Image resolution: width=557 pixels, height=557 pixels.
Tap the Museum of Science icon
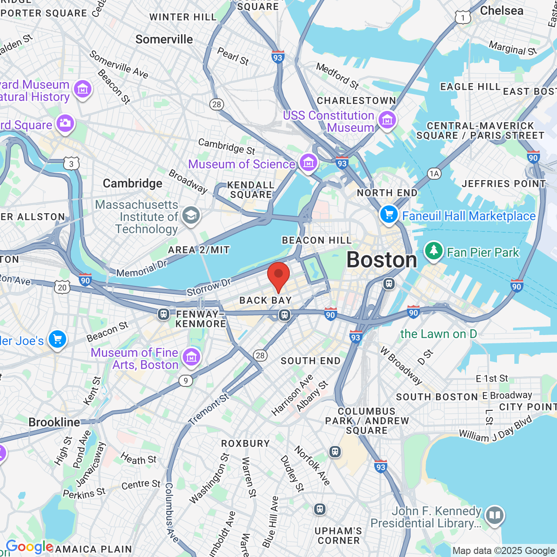coord(309,163)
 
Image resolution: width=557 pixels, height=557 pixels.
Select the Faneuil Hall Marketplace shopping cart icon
coord(389,214)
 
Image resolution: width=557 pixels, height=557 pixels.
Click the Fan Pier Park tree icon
coord(433,251)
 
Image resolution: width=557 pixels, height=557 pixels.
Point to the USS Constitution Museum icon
coord(387,120)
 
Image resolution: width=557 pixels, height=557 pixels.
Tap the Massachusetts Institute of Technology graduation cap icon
coord(191,215)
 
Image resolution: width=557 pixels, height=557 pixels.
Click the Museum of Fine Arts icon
coord(191,357)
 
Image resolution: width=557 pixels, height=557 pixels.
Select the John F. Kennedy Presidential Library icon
coord(494,516)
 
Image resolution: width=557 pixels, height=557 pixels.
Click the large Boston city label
coord(382,260)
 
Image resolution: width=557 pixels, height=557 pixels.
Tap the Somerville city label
coord(164,40)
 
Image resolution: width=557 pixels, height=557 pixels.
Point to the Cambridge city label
coord(132,184)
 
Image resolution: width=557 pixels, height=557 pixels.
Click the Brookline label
coord(54,422)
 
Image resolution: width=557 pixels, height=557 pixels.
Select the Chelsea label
coord(502,11)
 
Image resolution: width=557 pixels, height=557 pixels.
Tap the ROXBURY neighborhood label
coord(245,443)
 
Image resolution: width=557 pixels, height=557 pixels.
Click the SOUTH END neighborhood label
coord(310,361)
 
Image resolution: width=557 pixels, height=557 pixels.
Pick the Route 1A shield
coord(434,174)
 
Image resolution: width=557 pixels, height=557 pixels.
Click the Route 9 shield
coord(186,381)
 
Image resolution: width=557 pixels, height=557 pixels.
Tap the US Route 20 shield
coord(62,287)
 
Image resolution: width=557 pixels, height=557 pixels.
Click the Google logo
coord(30,547)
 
